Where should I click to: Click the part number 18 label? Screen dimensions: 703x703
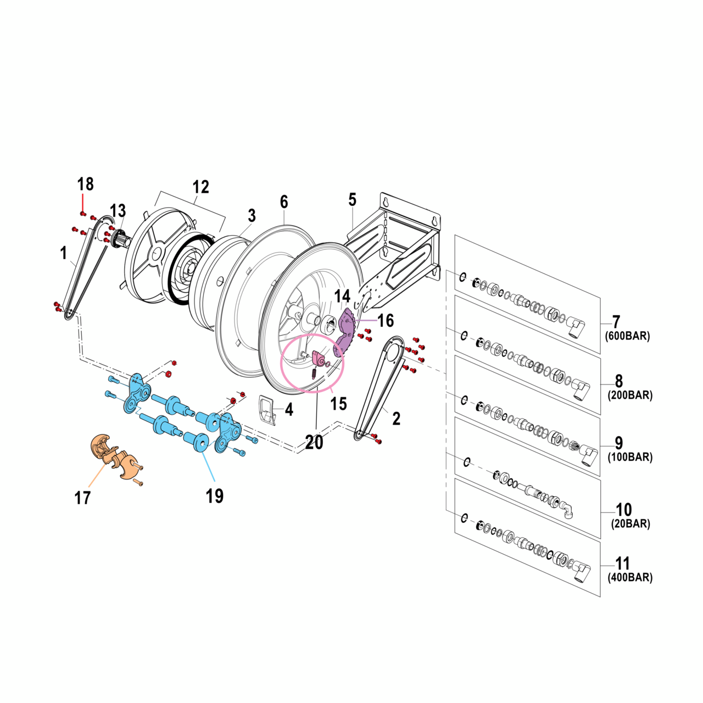point(85,184)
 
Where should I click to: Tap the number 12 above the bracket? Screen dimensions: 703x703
point(200,187)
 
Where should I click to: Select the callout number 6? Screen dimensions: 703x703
point(284,202)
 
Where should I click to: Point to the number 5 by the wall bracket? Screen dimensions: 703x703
point(352,200)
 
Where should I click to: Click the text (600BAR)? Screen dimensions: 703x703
point(627,336)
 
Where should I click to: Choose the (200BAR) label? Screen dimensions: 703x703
point(630,395)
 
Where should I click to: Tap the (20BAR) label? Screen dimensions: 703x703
point(631,524)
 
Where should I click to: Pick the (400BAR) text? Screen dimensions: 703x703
point(630,578)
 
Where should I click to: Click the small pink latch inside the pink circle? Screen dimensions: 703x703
point(318,359)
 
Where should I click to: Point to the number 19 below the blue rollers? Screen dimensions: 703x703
point(215,496)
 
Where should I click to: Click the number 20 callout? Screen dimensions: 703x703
point(314,442)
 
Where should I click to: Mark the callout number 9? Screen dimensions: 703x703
point(618,443)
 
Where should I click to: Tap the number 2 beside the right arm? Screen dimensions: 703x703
point(396,419)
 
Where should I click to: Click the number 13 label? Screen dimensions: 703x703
point(118,211)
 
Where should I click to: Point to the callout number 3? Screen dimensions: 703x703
point(252,216)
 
